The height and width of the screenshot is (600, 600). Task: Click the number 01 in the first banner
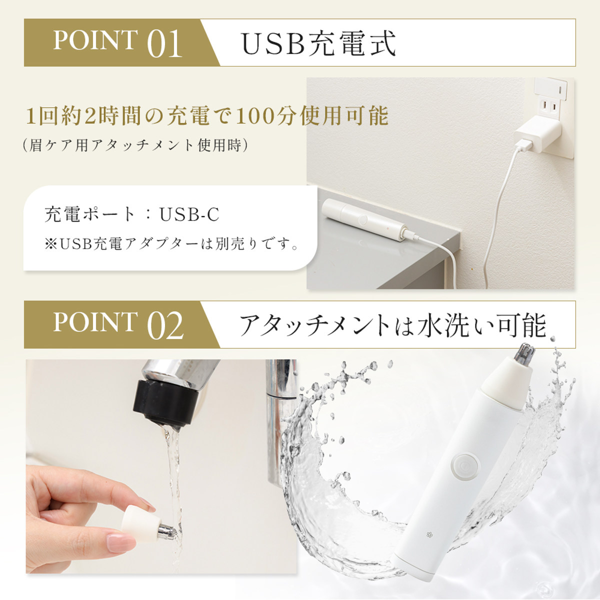tap(164, 43)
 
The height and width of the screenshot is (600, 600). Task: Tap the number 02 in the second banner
tap(165, 325)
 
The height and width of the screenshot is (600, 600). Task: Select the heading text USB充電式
tap(318, 43)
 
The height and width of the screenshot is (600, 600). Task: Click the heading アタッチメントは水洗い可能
tap(393, 326)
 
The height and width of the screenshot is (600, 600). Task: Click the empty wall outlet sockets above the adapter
tap(549, 107)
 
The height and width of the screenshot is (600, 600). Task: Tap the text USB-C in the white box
tap(189, 214)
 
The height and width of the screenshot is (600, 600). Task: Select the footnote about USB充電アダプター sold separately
tap(171, 244)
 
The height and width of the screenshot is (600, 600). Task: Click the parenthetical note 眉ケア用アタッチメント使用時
tap(135, 145)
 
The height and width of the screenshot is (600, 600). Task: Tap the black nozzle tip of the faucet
tap(165, 401)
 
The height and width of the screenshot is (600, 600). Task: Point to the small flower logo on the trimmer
tap(429, 535)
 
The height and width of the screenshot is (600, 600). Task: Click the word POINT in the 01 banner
tap(95, 40)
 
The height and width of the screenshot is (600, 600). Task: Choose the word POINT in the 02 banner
tap(95, 322)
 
